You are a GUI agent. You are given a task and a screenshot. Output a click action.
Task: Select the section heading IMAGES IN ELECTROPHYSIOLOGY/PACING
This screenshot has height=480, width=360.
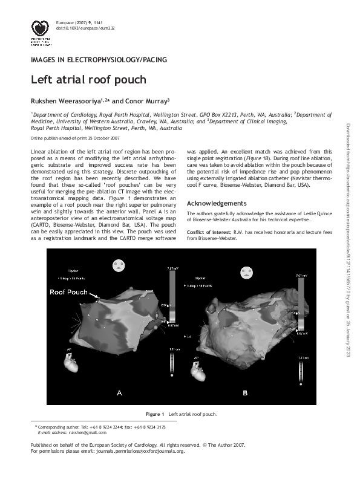point(99,59)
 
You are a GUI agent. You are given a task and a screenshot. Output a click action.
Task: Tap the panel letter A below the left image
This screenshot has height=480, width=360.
point(119,393)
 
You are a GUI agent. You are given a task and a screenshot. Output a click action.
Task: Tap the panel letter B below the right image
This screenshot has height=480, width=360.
point(245,393)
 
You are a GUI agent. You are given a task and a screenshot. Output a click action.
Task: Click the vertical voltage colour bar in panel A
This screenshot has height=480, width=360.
point(172,296)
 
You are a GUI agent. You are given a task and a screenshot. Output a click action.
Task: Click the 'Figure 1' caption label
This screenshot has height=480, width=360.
point(155,414)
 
